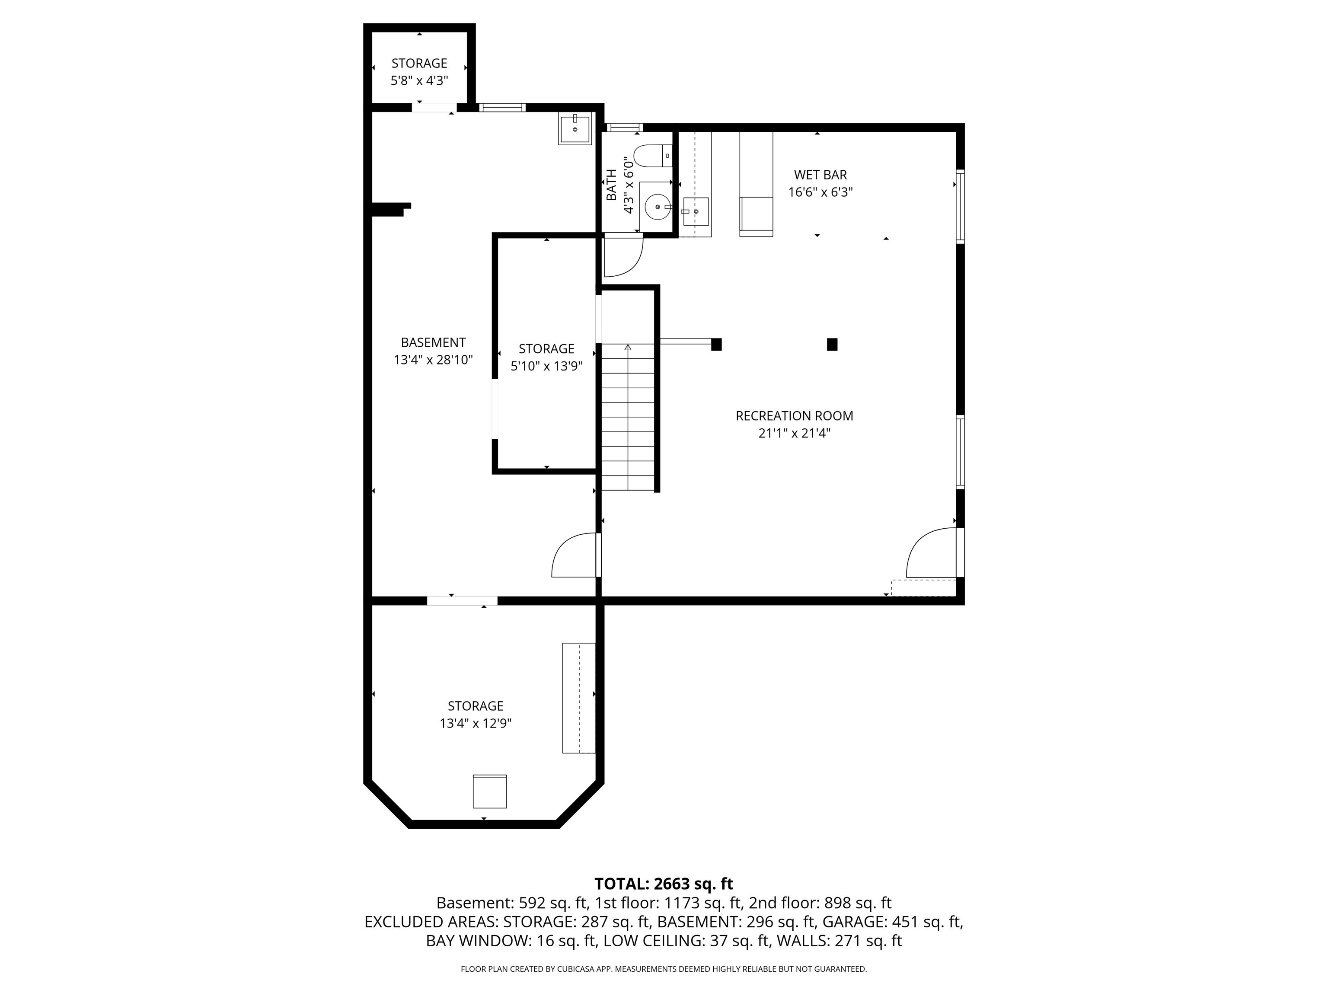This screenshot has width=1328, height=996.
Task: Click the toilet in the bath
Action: [x=651, y=156]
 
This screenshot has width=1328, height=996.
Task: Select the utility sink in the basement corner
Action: [x=575, y=129]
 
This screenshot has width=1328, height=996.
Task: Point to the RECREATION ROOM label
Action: [x=794, y=415]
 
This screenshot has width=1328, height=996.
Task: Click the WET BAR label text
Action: [x=820, y=175]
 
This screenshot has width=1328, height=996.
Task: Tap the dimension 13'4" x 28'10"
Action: [x=433, y=360]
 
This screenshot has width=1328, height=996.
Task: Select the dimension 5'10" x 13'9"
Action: [x=546, y=366]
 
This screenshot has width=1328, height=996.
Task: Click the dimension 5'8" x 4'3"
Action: [x=419, y=81]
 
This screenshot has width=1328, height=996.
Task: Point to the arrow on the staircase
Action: [x=628, y=348]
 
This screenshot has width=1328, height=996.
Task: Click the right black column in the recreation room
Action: [x=832, y=344]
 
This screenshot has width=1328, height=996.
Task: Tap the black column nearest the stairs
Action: [x=716, y=344]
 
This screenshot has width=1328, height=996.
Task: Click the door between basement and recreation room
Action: [x=575, y=555]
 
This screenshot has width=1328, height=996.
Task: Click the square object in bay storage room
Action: [x=489, y=791]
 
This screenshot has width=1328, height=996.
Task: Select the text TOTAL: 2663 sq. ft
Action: [x=664, y=884]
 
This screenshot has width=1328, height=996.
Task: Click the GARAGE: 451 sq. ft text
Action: [x=891, y=922]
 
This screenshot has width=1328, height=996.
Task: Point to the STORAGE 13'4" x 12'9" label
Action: [x=475, y=715]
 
